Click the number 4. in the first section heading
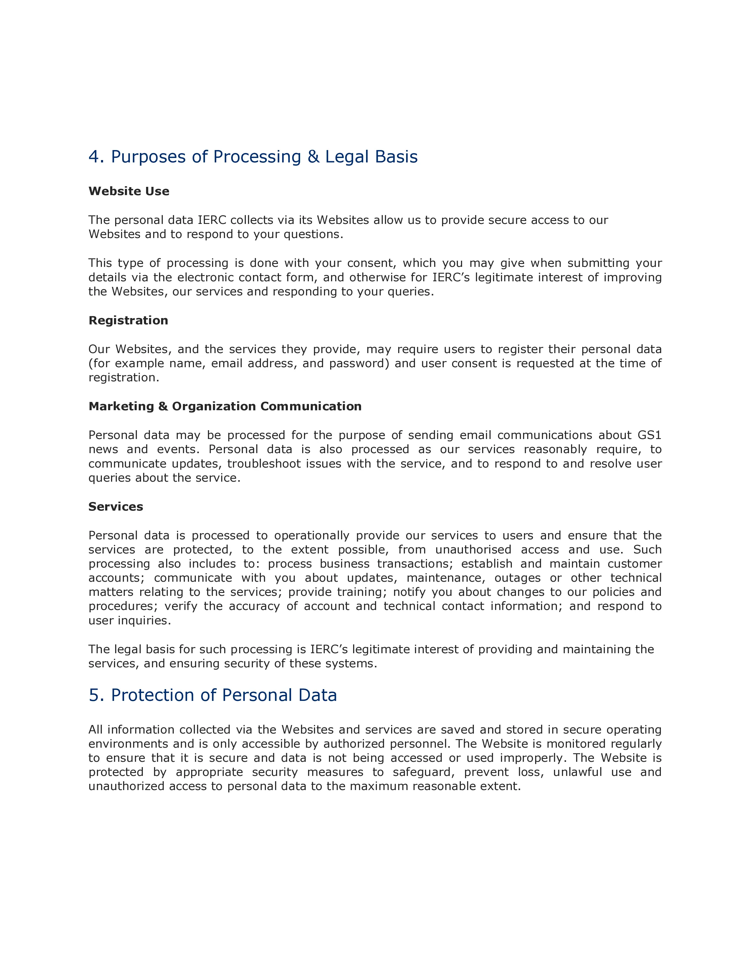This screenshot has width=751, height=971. point(96,157)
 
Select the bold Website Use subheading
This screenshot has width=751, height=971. point(129,191)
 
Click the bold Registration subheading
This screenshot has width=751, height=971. point(128,320)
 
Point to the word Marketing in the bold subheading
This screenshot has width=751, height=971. point(121,406)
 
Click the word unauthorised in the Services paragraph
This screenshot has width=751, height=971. point(473,550)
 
